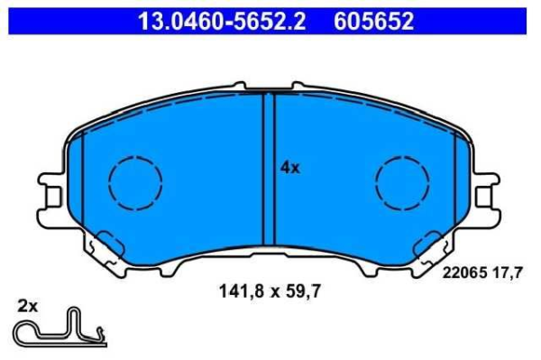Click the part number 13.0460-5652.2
click(x=222, y=21)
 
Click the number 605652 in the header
click(x=373, y=21)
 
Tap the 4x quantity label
click(x=290, y=168)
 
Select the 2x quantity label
click(x=28, y=306)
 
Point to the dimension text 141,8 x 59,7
click(x=270, y=291)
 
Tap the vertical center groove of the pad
click(x=269, y=169)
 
